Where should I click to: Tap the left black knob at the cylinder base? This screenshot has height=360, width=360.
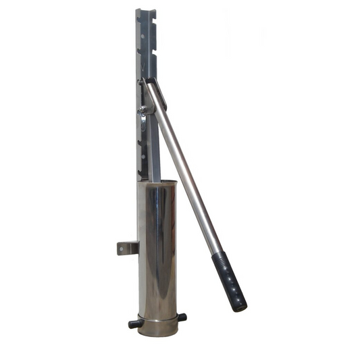click(x=134, y=324)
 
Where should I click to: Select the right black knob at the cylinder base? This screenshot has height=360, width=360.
click(x=182, y=317)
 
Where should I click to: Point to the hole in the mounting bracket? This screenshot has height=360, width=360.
click(x=122, y=249)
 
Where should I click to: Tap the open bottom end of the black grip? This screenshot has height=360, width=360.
click(x=240, y=307)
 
